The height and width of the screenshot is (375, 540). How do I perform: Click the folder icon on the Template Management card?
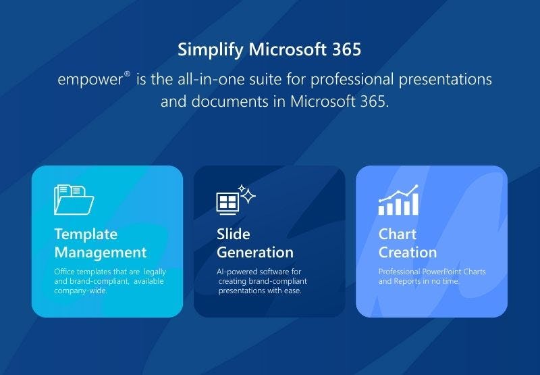pyautogui.click(x=74, y=200)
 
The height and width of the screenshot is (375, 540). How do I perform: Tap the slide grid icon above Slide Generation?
pyautogui.click(x=227, y=202)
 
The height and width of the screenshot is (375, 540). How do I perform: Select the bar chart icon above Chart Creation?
pyautogui.click(x=399, y=200)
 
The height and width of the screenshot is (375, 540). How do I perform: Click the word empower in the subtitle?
pyautogui.click(x=90, y=80)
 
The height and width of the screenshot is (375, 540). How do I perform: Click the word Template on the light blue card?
pyautogui.click(x=86, y=234)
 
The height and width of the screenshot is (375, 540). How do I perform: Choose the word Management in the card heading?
pyautogui.click(x=101, y=253)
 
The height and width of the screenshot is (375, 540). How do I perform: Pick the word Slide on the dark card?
pyautogui.click(x=234, y=234)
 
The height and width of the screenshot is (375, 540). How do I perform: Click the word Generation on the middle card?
pyautogui.click(x=255, y=253)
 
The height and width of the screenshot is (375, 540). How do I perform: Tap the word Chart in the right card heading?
pyautogui.click(x=398, y=234)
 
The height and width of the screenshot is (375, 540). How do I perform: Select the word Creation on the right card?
pyautogui.click(x=408, y=253)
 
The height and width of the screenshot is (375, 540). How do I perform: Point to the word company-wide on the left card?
pyautogui.click(x=80, y=291)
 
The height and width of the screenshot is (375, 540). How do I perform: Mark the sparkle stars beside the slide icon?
pyautogui.click(x=248, y=195)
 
